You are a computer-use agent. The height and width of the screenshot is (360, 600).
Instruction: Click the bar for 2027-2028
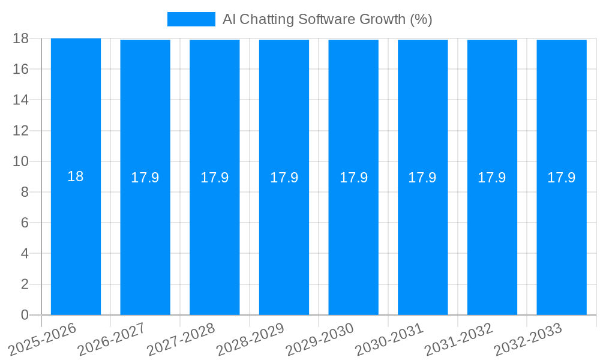pos(214,240)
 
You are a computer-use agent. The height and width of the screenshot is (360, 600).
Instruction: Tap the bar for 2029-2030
pos(353,240)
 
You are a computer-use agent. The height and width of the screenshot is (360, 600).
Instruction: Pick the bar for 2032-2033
pos(562,240)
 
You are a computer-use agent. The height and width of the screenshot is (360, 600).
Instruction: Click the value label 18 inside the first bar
pos(76,176)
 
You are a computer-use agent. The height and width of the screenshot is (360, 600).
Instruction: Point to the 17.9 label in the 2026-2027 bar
pos(145,178)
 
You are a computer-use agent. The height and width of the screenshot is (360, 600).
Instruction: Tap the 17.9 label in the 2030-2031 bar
pos(422,178)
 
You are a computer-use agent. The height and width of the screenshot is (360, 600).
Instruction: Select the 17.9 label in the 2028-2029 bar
pos(284,178)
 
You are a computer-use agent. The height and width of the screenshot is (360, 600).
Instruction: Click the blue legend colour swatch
pos(191,19)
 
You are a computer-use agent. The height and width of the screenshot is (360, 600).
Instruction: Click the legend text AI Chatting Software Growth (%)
pos(327,19)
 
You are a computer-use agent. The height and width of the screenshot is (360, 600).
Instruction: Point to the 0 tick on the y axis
pos(25,315)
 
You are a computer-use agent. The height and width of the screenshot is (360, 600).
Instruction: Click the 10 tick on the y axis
pos(21,161)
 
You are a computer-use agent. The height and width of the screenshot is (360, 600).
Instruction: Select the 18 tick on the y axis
pos(21,38)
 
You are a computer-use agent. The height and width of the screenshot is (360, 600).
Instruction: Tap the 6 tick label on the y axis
pos(25,223)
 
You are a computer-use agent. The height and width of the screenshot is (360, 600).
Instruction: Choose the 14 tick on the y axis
pos(21,100)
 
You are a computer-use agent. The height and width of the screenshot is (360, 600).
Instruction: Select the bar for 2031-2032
pos(492,240)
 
